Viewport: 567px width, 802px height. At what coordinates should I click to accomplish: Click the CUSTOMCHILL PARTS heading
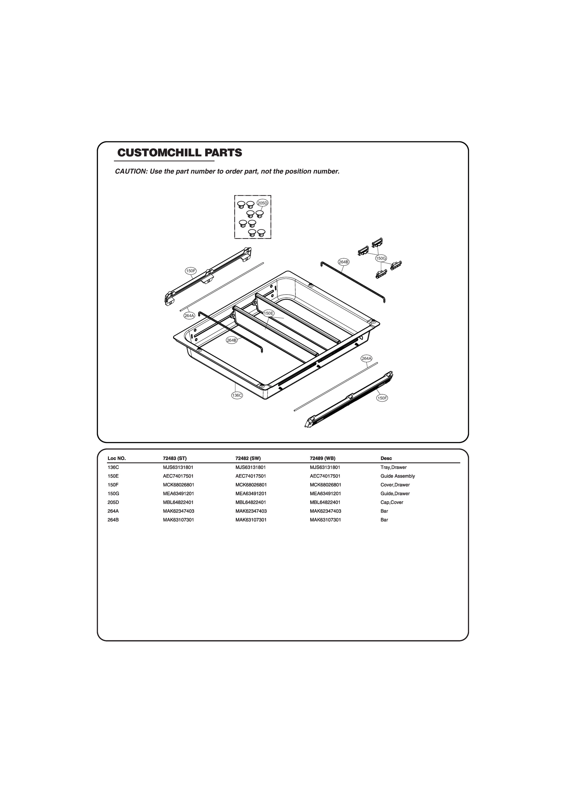pos(179,153)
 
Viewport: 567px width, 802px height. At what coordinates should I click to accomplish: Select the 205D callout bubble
pos(262,203)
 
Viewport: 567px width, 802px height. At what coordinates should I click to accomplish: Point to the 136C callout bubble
pos(237,395)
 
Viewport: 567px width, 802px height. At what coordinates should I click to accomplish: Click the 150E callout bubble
pos(268,313)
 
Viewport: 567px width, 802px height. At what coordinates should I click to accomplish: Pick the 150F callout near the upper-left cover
pos(191,271)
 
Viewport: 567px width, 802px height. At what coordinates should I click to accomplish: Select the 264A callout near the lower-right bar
pos(367,358)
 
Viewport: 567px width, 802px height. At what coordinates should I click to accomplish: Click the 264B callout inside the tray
pos(232,340)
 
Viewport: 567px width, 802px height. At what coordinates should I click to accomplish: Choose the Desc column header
pos(386,458)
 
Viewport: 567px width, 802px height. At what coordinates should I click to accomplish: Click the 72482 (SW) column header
pos(248,458)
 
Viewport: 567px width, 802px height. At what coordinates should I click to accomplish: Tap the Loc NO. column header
pos(117,458)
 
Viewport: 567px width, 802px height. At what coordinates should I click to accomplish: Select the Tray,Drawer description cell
pos(393,467)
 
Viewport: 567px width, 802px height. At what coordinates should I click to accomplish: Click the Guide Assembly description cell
pos(398,476)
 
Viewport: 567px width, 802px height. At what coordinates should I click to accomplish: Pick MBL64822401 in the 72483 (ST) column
pos(178,502)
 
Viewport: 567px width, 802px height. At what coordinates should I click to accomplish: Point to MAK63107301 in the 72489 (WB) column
pos(325,520)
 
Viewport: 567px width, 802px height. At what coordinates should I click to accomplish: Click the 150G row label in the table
pos(114,494)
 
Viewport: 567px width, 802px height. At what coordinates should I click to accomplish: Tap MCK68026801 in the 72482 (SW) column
pos(251,485)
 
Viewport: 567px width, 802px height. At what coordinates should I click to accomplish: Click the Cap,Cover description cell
pos(392,502)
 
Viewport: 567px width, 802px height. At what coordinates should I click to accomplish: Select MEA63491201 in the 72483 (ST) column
pos(178,494)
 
